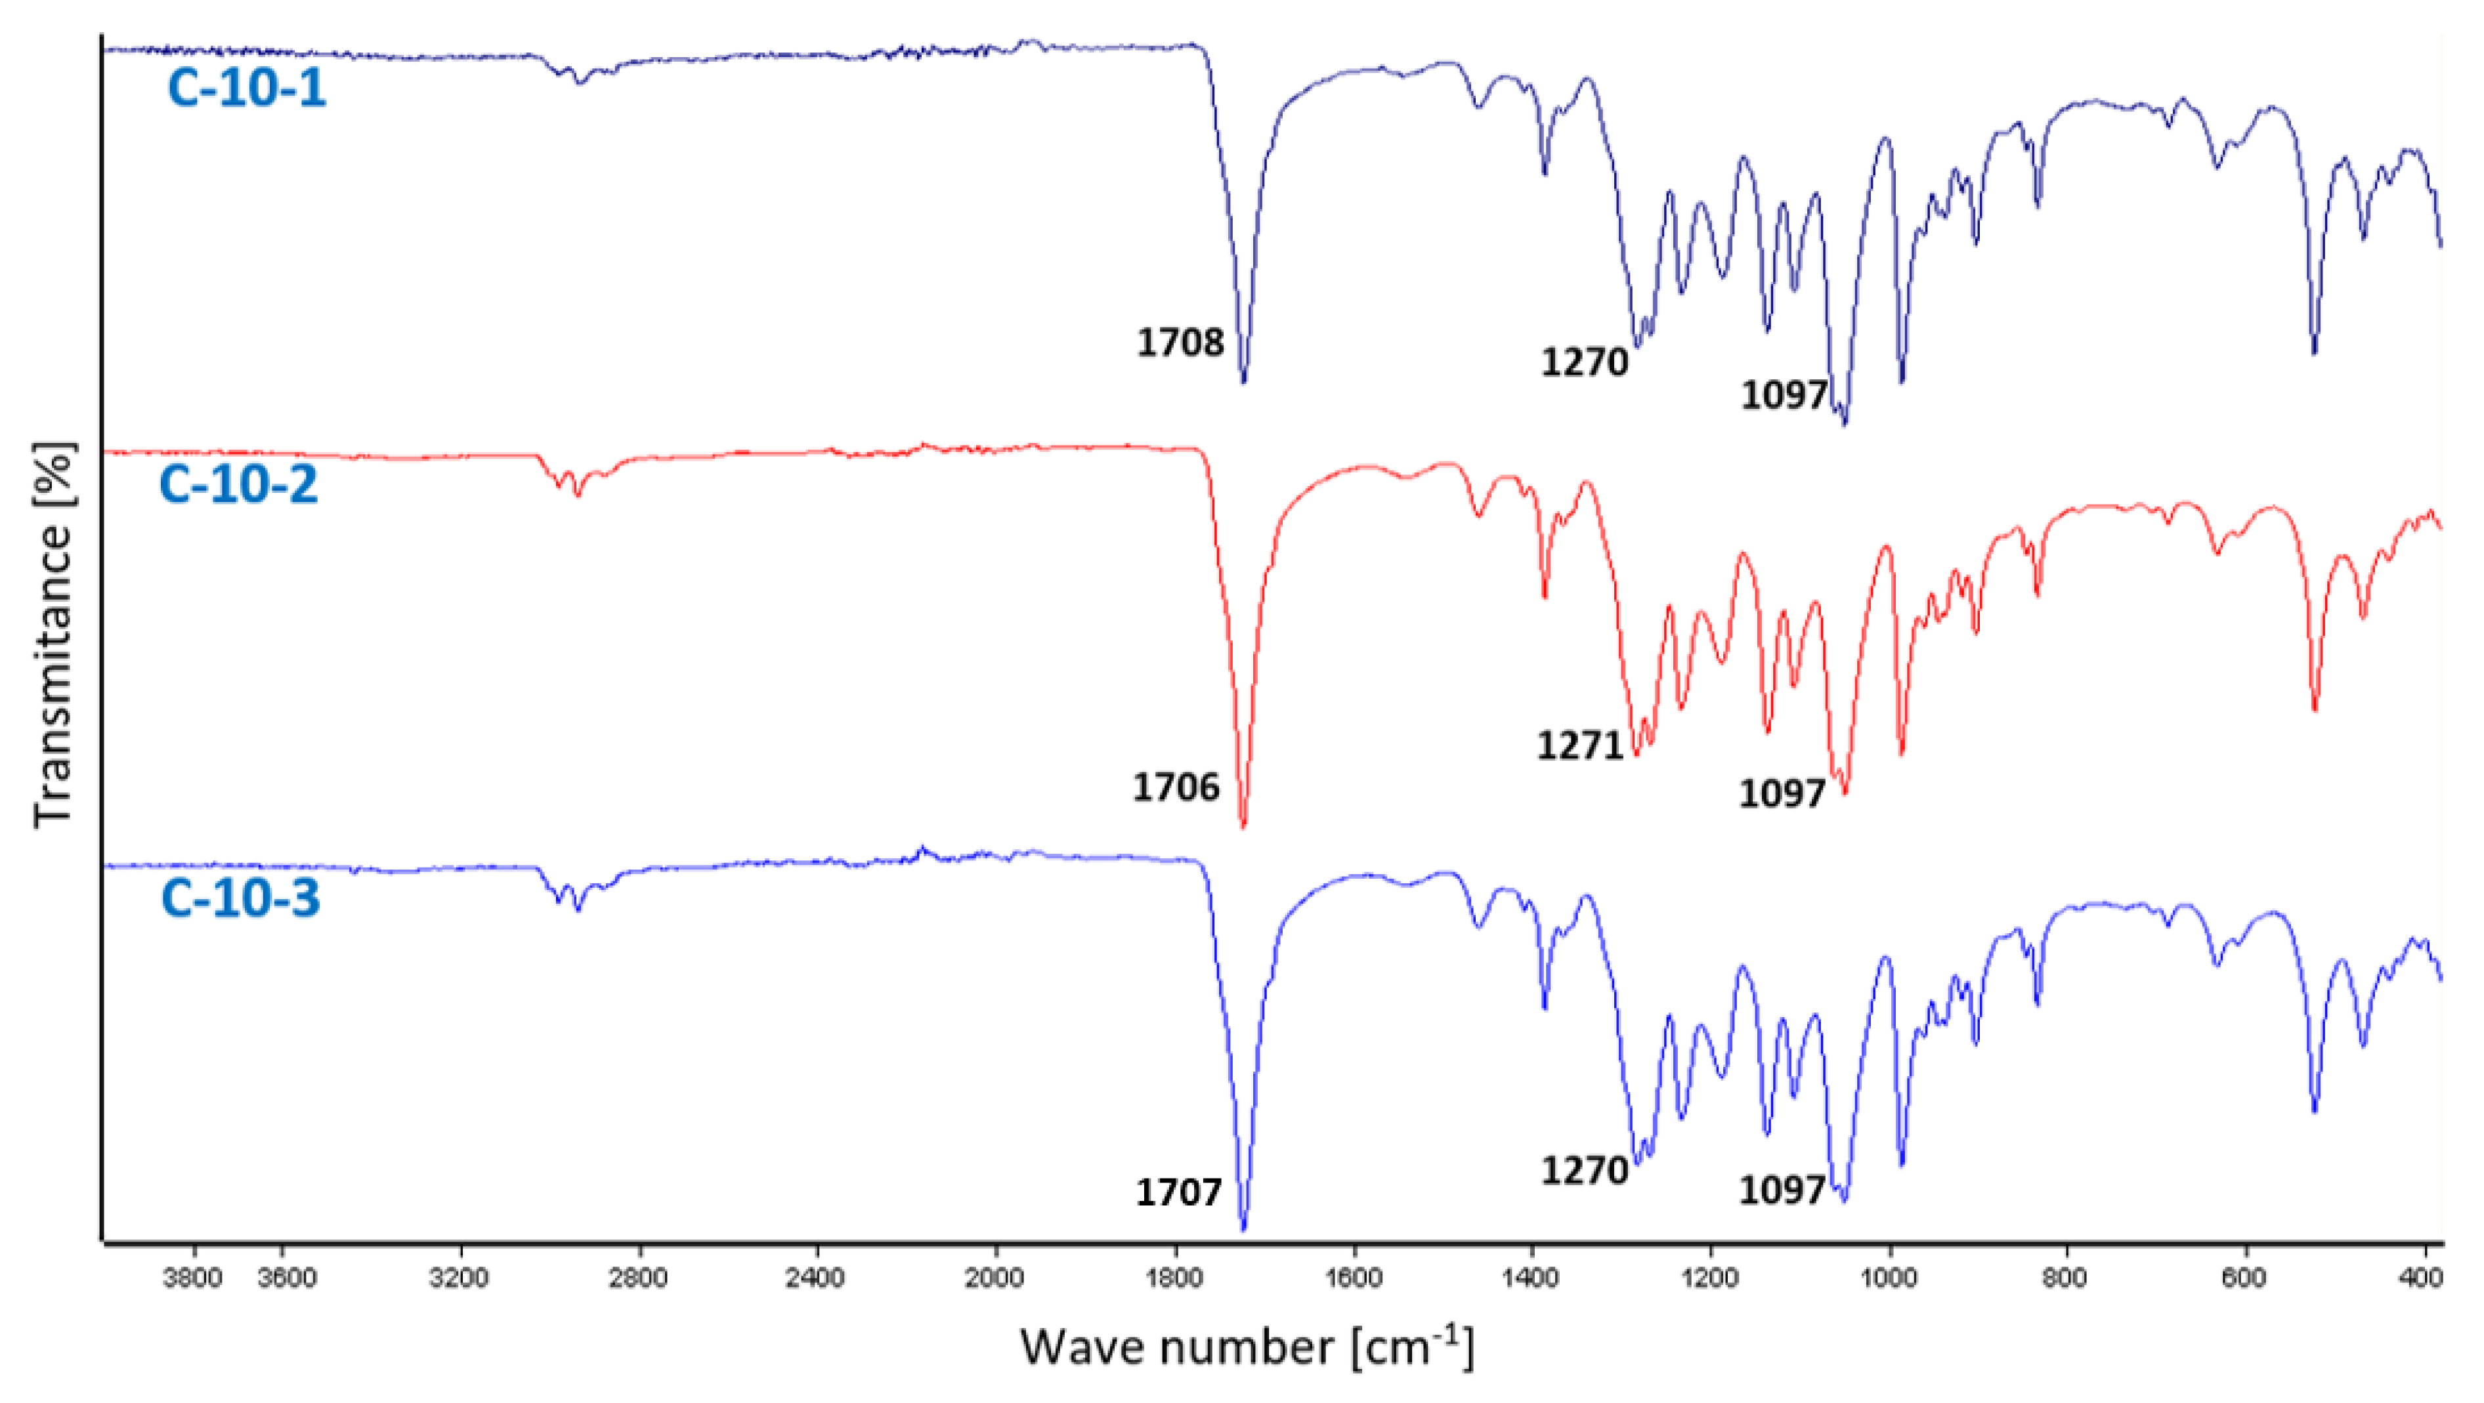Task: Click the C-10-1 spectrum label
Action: click(x=246, y=88)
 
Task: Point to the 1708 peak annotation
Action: click(x=1180, y=343)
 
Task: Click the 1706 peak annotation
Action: click(x=1176, y=788)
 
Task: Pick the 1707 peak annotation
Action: click(x=1178, y=1193)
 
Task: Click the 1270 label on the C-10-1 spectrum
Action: click(x=1583, y=364)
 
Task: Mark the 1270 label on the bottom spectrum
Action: click(x=1583, y=1171)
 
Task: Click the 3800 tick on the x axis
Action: click(x=194, y=1278)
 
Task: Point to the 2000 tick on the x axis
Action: click(x=994, y=1278)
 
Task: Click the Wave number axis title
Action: click(x=1247, y=1347)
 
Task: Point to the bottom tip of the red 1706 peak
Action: click(x=1243, y=826)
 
